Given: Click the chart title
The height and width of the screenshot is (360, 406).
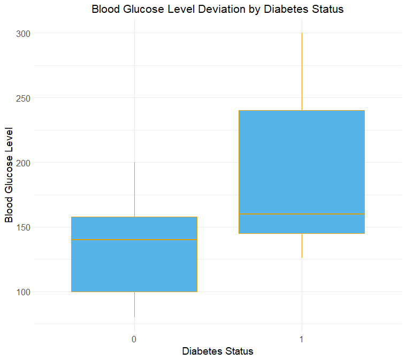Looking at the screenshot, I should [x=217, y=9].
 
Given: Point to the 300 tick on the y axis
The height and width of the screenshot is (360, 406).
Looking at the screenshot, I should [x=23, y=33].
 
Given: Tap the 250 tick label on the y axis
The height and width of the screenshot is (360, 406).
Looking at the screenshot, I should [x=23, y=98].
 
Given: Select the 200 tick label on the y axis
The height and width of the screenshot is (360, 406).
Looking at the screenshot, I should [x=23, y=163].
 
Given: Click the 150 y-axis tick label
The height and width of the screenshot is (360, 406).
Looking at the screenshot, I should [x=23, y=227].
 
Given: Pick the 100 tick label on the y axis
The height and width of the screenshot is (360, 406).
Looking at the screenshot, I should [x=23, y=292].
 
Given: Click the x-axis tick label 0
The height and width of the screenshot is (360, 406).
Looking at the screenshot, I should [x=134, y=339].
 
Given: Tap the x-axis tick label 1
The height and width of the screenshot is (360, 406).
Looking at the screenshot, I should [x=302, y=339].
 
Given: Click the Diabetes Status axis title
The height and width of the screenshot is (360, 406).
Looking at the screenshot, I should [x=217, y=351].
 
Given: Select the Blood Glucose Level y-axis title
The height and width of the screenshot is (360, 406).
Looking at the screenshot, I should [x=9, y=174].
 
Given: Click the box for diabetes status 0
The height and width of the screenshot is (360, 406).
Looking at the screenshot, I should [x=134, y=267].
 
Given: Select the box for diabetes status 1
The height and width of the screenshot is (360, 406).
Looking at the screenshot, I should [x=302, y=160].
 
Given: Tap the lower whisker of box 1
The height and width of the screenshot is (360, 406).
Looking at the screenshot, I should [x=302, y=246].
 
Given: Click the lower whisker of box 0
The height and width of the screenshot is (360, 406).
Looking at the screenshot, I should [x=134, y=304].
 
